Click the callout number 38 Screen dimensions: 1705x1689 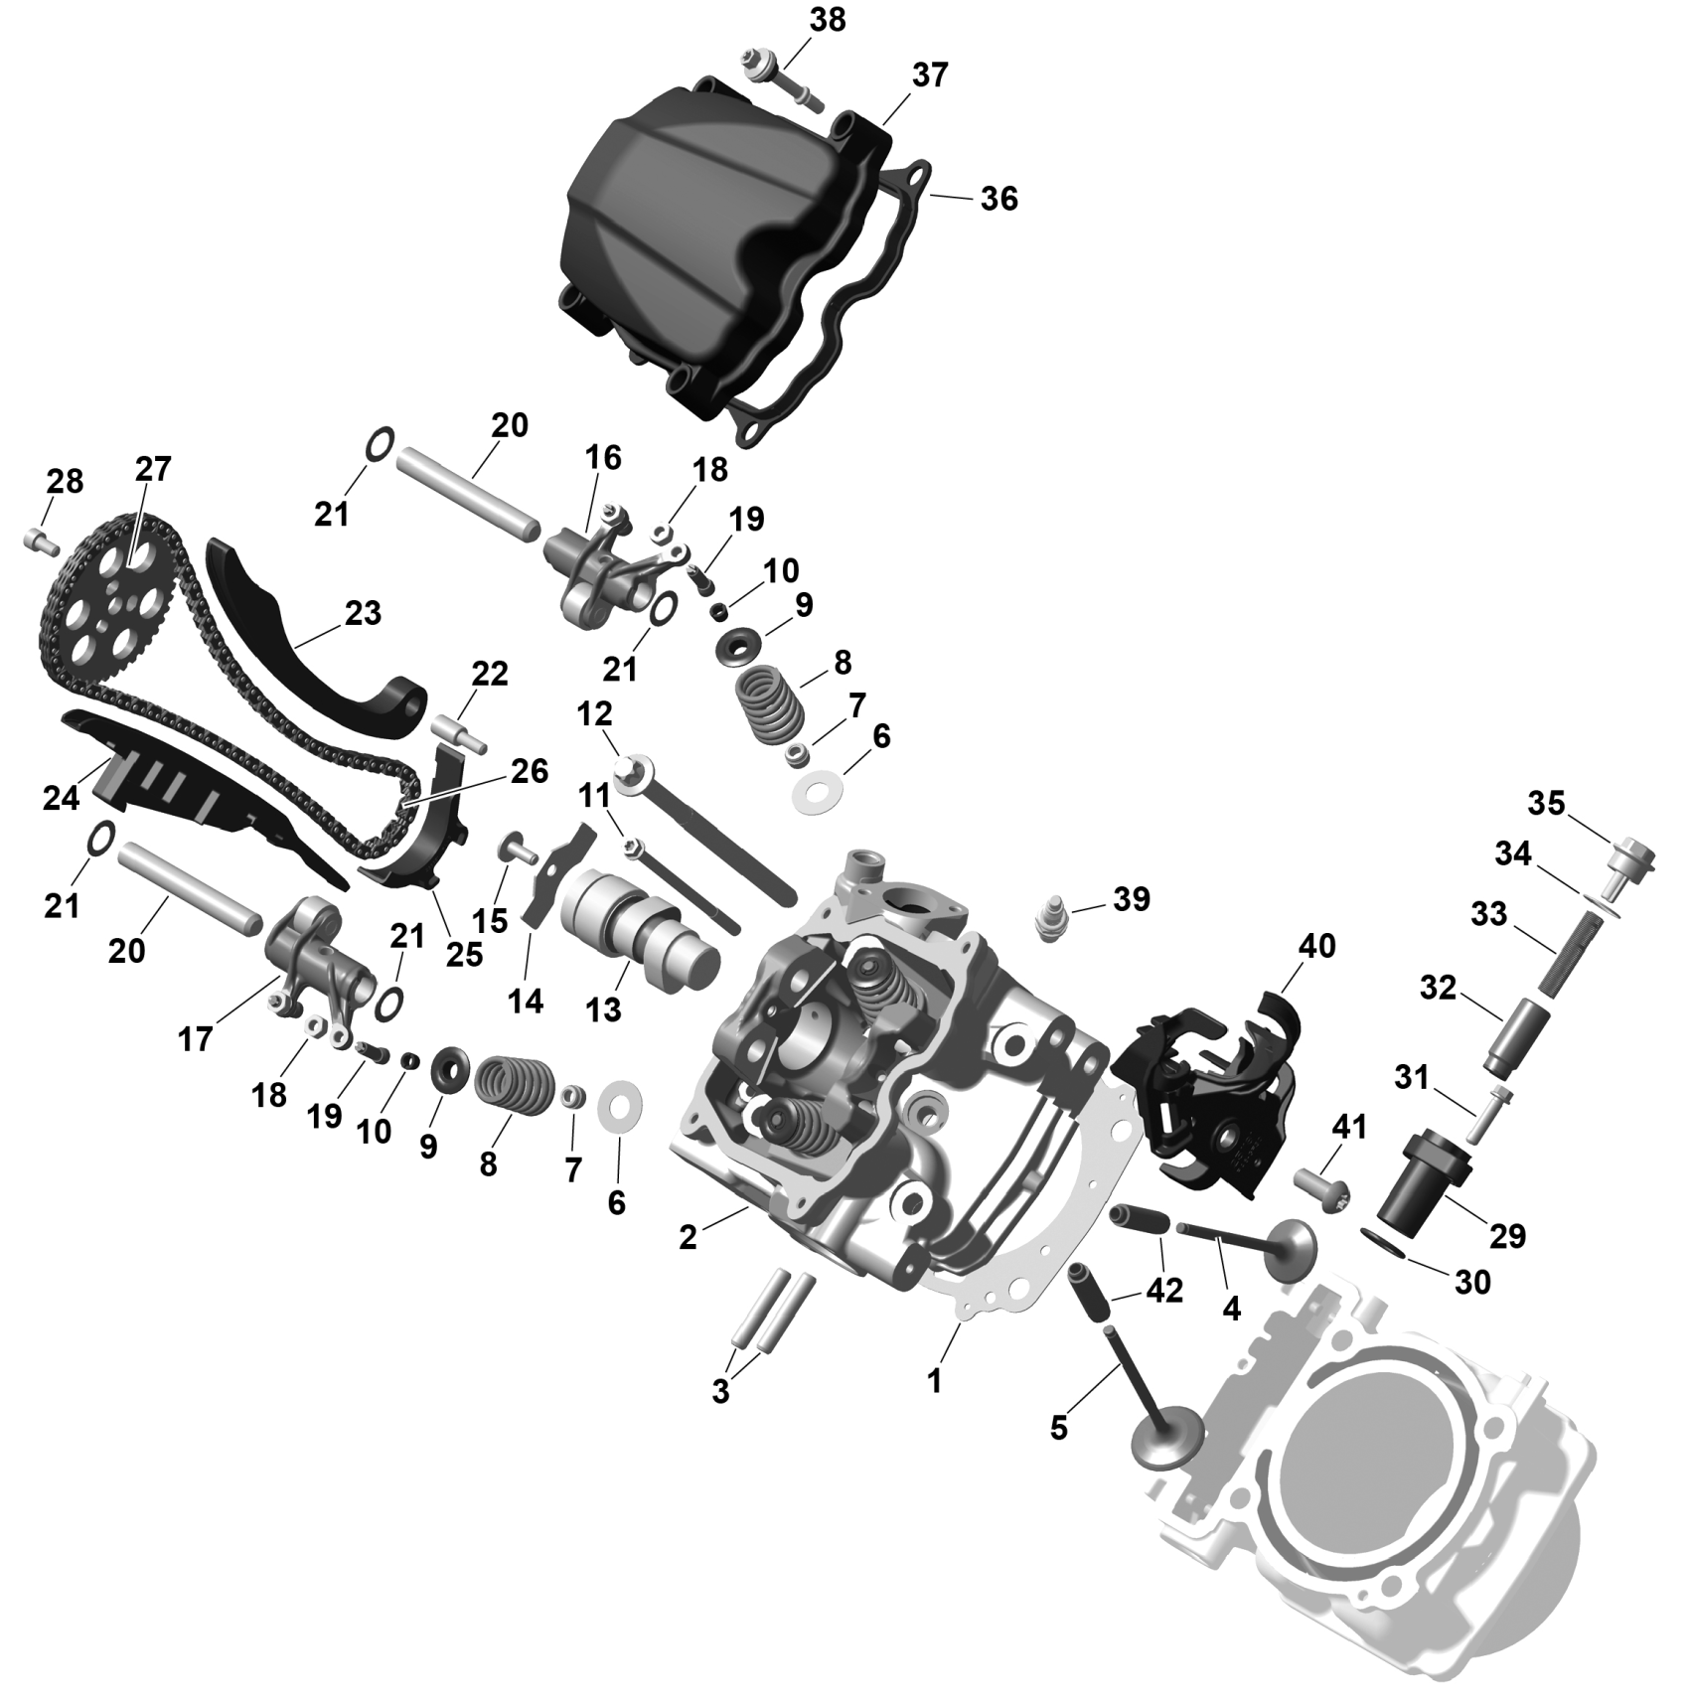coord(828,20)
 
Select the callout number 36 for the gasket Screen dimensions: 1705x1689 coord(998,199)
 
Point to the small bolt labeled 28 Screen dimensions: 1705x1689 coord(41,542)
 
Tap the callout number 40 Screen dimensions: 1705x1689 coord(1317,945)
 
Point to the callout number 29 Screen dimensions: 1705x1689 coord(1507,1236)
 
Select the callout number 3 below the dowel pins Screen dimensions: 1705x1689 coord(720,1392)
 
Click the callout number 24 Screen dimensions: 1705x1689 coord(61,797)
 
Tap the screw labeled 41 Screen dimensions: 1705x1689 coord(1321,1187)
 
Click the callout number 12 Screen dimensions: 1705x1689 coord(594,714)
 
